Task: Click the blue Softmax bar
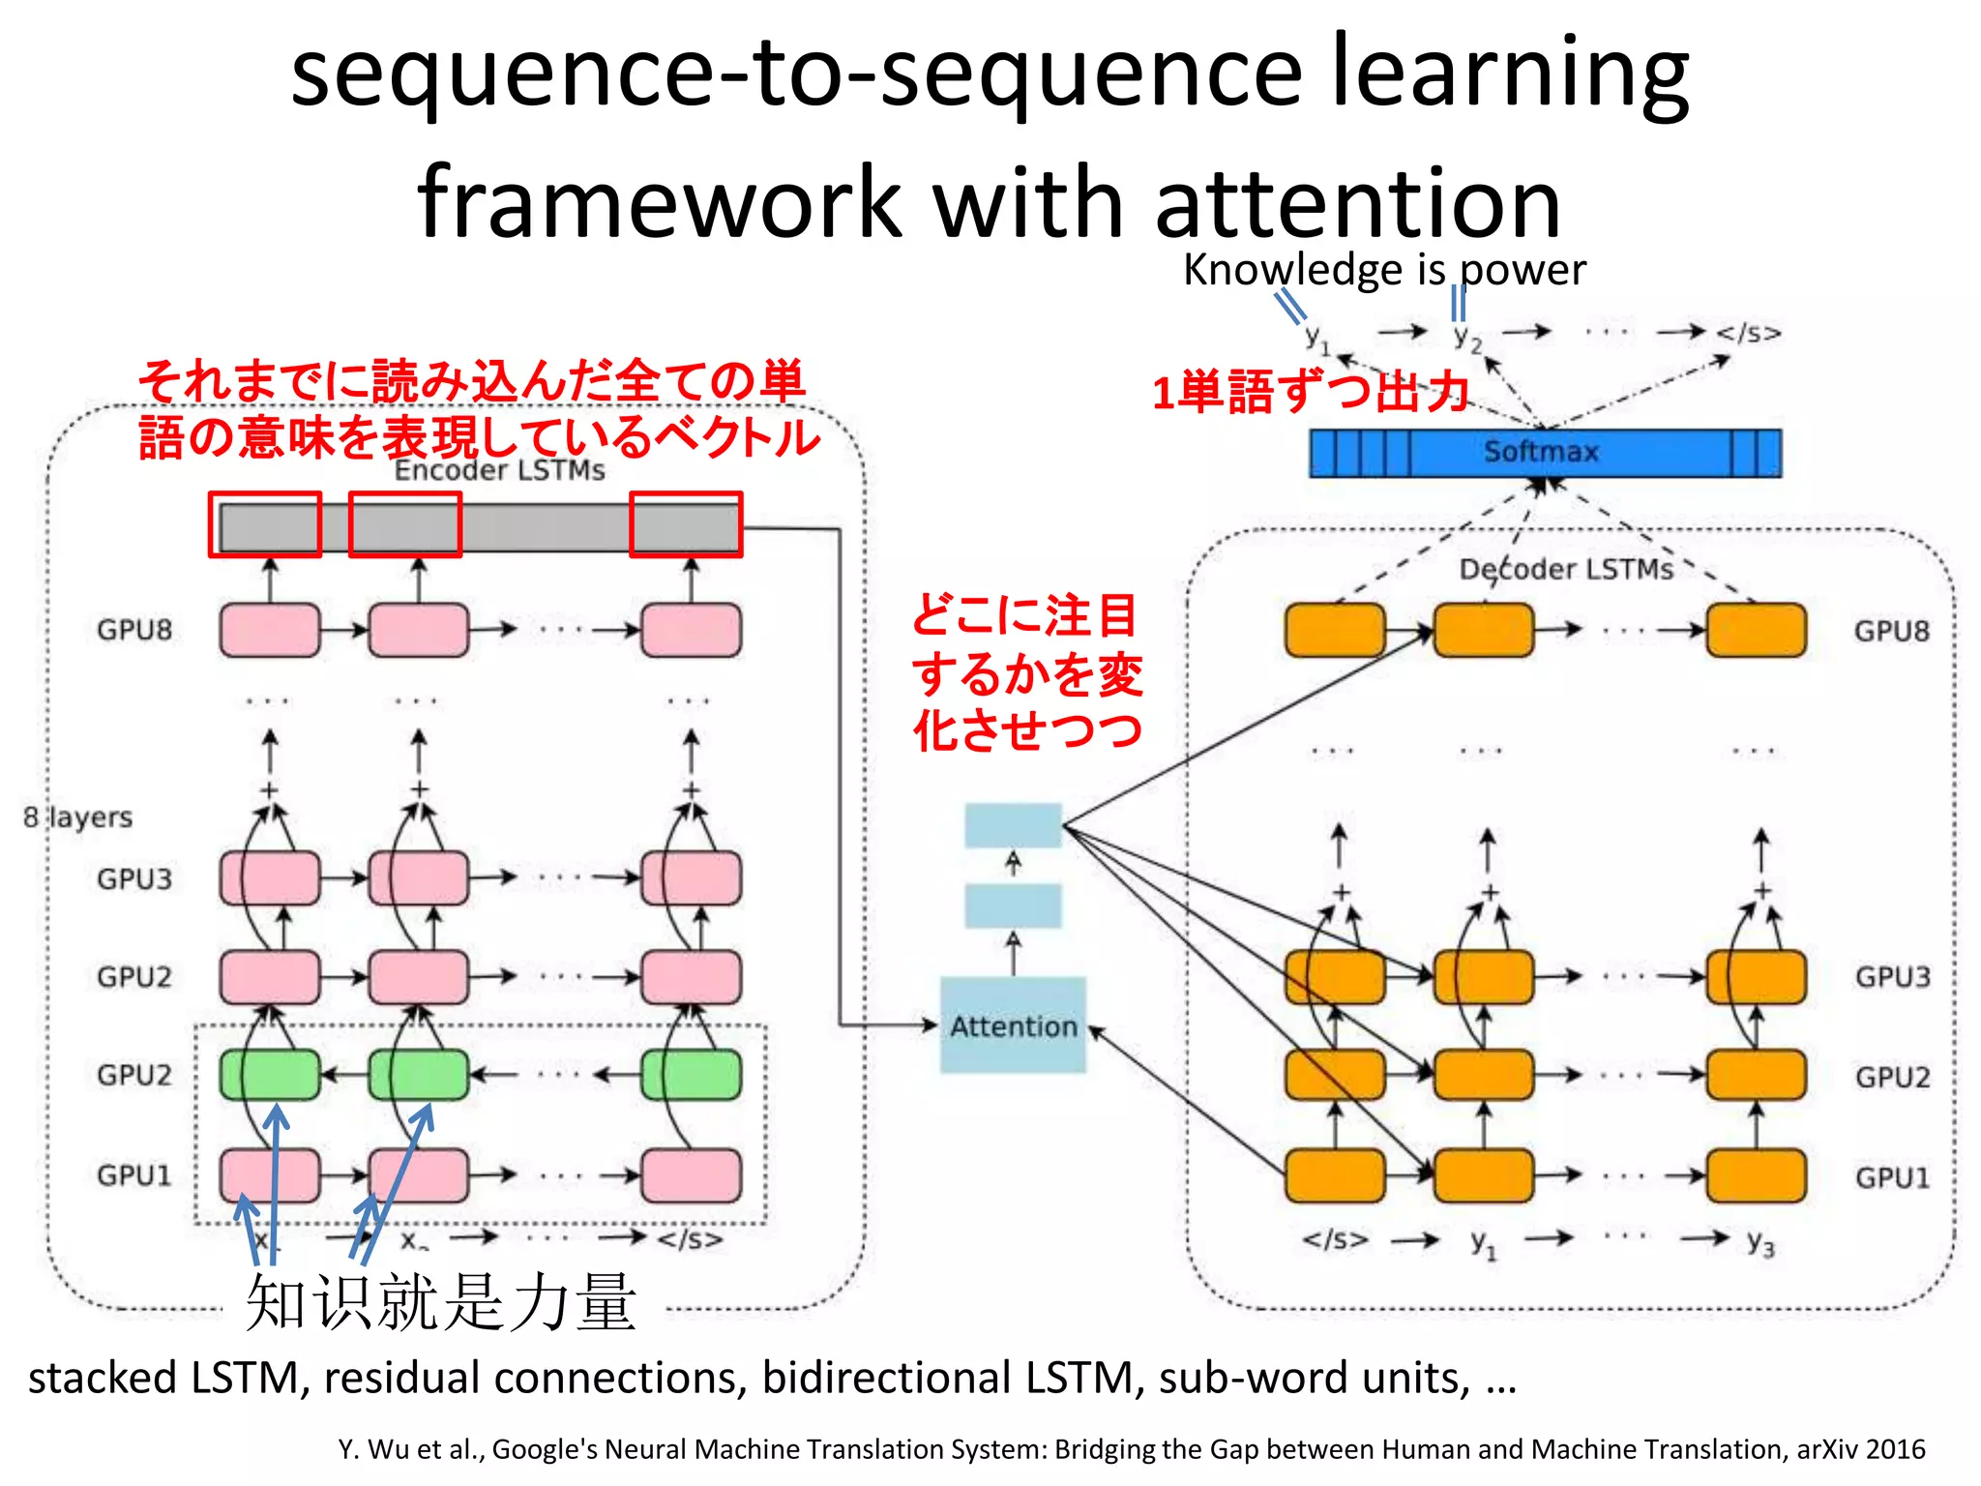(x=1544, y=453)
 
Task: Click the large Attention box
(x=1013, y=1025)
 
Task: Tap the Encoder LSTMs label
(x=499, y=470)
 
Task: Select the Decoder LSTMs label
(x=1566, y=569)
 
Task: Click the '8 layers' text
(x=78, y=817)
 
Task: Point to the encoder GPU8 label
(x=134, y=630)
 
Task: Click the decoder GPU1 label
(x=1892, y=1177)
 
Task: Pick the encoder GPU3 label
(x=134, y=878)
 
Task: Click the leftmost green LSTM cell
(x=269, y=1075)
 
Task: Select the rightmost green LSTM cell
(x=692, y=1075)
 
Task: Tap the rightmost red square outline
(x=686, y=524)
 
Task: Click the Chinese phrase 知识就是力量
(x=441, y=1302)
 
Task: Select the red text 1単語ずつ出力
(x=1310, y=393)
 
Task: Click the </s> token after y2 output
(x=1748, y=334)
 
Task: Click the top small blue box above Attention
(x=1013, y=825)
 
